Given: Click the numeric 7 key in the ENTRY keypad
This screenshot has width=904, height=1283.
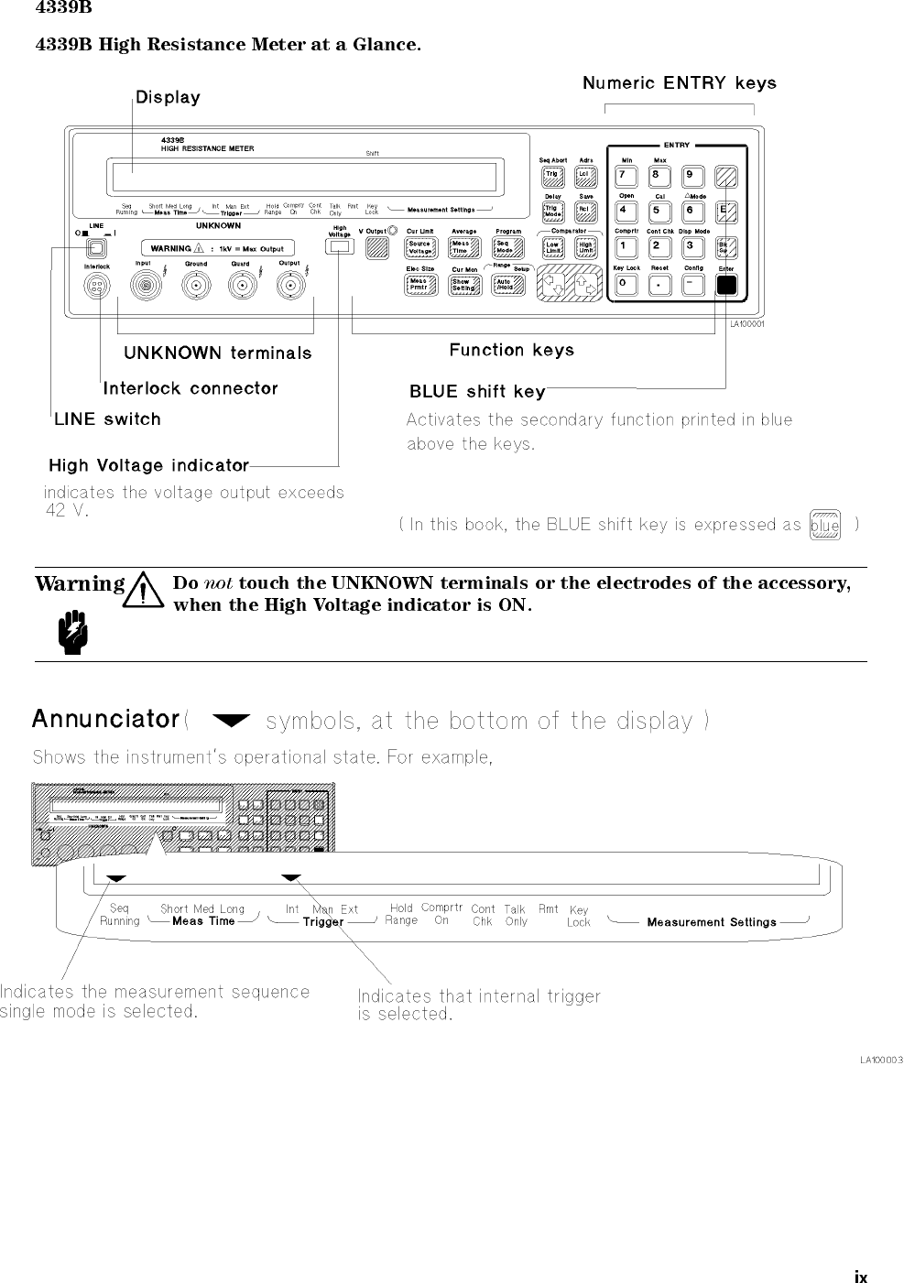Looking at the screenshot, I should pos(625,175).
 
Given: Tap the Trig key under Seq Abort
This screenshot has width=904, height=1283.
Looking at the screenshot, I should pos(552,175).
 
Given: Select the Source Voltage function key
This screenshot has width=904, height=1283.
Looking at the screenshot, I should pos(419,248).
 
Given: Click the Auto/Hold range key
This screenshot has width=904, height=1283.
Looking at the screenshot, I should pos(506,285).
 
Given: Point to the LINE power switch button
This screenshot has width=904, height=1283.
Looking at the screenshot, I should pos(94,246).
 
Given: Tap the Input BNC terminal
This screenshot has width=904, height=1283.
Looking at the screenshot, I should pos(144,287).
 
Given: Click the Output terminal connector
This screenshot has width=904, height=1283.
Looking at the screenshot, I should pos(289,287).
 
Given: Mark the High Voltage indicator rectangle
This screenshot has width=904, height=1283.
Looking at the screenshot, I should pos(340,247).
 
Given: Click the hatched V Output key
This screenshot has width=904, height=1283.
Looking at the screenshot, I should pos(376,247).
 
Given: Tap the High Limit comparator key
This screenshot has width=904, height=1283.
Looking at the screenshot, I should pos(586,248).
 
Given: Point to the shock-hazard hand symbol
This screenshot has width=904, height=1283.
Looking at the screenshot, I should pos(70,630).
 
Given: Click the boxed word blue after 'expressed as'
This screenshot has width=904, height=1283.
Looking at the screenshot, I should pos(825,526).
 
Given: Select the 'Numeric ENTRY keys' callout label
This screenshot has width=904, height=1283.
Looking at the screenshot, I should pos(679,83).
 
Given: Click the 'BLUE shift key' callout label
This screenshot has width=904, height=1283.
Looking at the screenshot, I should pos(477,392).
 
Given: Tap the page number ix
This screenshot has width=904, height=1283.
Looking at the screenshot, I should pos(860,1277).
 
